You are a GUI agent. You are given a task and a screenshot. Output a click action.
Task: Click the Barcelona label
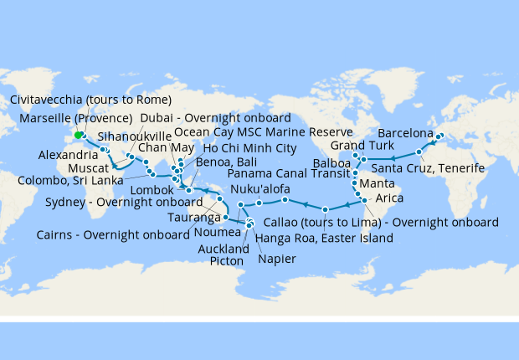[405, 133]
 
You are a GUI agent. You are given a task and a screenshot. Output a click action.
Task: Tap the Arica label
[389, 198]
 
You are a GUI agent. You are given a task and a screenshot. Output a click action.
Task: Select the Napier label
[277, 259]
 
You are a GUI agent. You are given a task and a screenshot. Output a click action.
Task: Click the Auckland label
[224, 249]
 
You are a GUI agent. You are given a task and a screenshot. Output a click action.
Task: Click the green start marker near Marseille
[78, 135]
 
